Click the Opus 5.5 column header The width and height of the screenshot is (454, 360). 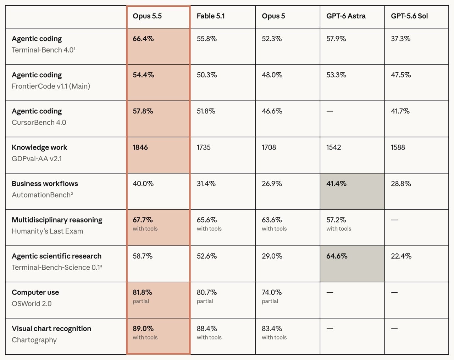click(x=147, y=16)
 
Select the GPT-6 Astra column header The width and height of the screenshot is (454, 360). click(x=346, y=16)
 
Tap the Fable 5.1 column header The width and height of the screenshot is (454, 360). click(x=211, y=16)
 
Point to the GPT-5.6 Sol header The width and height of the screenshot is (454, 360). click(x=409, y=16)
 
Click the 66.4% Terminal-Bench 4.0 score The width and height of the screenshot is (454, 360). click(x=143, y=39)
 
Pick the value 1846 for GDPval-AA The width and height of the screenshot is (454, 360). click(x=140, y=147)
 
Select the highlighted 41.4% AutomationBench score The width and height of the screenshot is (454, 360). click(x=336, y=184)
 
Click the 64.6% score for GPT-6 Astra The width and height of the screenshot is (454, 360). click(x=337, y=256)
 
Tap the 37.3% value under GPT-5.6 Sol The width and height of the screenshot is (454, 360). click(x=401, y=39)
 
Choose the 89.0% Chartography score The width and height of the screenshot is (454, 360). click(x=143, y=328)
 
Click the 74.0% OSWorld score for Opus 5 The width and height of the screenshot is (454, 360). click(x=272, y=292)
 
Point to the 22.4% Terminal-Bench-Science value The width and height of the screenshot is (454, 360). click(x=401, y=256)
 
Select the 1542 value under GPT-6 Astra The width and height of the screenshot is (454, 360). click(x=333, y=147)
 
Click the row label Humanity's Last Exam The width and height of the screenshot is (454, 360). click(x=48, y=231)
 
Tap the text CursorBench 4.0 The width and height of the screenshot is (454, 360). click(x=39, y=123)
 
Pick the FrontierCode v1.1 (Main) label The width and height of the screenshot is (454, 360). click(x=51, y=86)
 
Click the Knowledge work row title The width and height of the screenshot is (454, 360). click(x=39, y=147)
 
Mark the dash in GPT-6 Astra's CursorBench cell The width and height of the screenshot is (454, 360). click(x=330, y=111)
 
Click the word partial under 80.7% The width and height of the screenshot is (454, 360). click(x=205, y=301)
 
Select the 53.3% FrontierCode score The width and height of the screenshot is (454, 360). click(x=336, y=75)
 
